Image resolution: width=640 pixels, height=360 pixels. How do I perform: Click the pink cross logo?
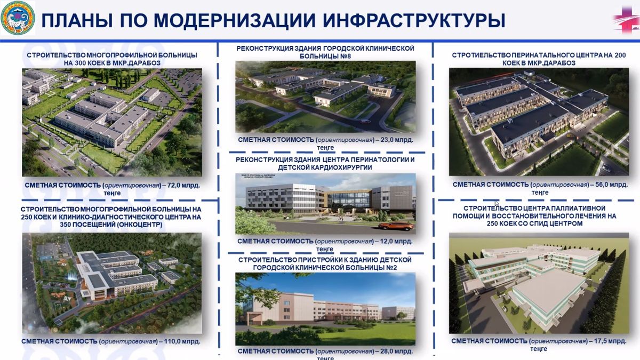coord(625,20)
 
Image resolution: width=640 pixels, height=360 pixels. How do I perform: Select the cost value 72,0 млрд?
coord(185,185)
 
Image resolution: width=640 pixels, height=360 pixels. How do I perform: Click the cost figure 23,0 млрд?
coord(395,139)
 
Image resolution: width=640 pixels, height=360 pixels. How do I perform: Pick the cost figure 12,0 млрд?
coord(395,241)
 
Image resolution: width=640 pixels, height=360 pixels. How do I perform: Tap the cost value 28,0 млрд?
coord(395,351)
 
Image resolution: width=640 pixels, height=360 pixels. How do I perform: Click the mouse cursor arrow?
coord(496,203)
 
